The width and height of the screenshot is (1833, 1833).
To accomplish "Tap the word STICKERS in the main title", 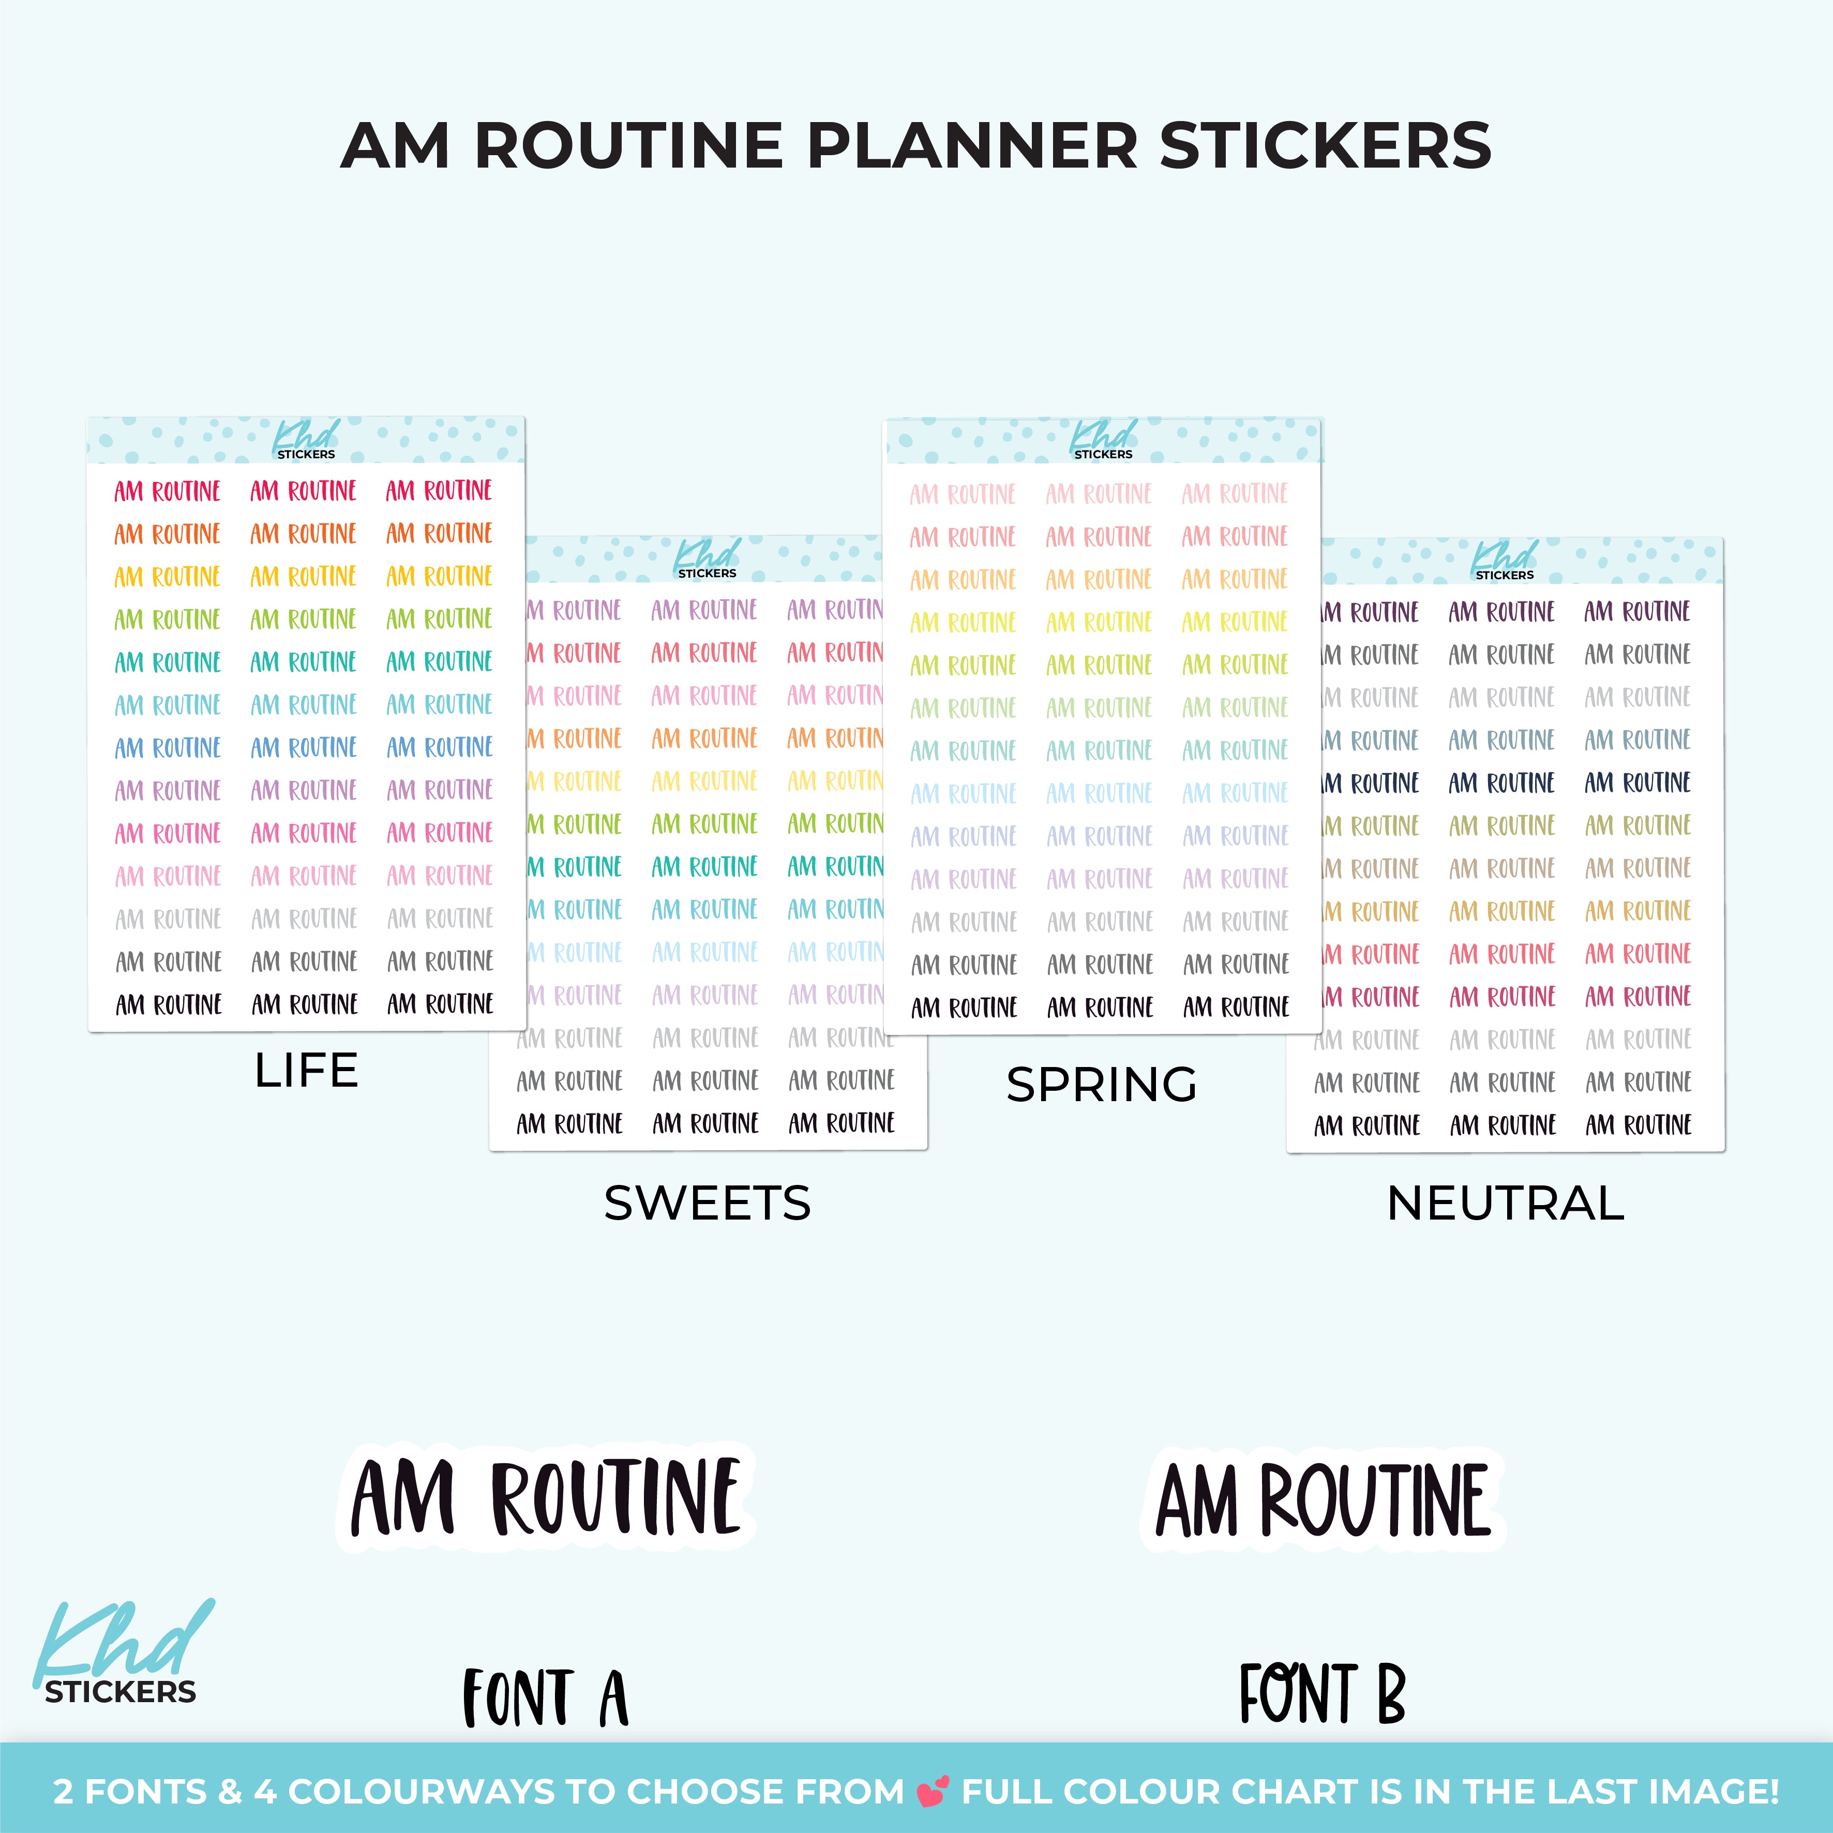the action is click(x=1326, y=145).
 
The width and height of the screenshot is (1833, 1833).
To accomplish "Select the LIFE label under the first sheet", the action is click(x=307, y=1070).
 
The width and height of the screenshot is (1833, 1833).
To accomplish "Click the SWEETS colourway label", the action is click(x=708, y=1203).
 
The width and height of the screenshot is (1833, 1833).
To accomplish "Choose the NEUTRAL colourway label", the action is click(x=1506, y=1203).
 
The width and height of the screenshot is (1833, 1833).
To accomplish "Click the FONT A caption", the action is click(x=546, y=1699).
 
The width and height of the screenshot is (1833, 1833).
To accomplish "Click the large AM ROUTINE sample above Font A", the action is click(x=546, y=1497).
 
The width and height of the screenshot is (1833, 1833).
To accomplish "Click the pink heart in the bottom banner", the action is click(x=933, y=1791).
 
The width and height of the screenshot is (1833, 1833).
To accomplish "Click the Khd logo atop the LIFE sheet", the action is click(x=306, y=440).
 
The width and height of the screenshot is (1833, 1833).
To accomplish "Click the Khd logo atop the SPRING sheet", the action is click(x=1103, y=440).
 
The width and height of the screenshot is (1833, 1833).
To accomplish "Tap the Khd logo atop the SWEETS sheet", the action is click(x=707, y=559).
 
